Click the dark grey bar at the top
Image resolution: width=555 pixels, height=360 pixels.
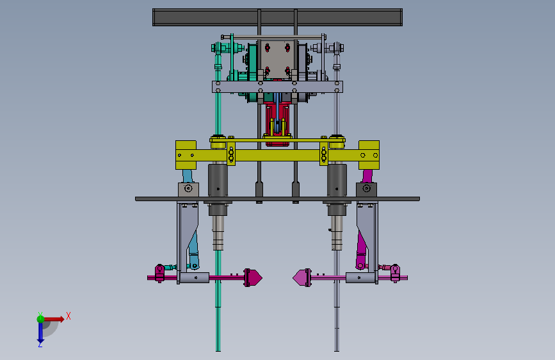pyautogui.click(x=277, y=17)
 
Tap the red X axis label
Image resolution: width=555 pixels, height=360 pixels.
pyautogui.click(x=68, y=316)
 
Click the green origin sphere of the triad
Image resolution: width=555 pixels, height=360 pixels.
pyautogui.click(x=40, y=319)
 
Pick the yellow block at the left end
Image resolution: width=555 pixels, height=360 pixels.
pyautogui.click(x=186, y=155)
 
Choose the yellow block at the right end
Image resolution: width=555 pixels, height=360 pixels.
pyautogui.click(x=369, y=155)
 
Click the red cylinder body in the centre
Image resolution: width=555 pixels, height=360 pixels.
pyautogui.click(x=277, y=124)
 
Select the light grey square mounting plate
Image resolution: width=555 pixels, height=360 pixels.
pyautogui.click(x=277, y=59)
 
